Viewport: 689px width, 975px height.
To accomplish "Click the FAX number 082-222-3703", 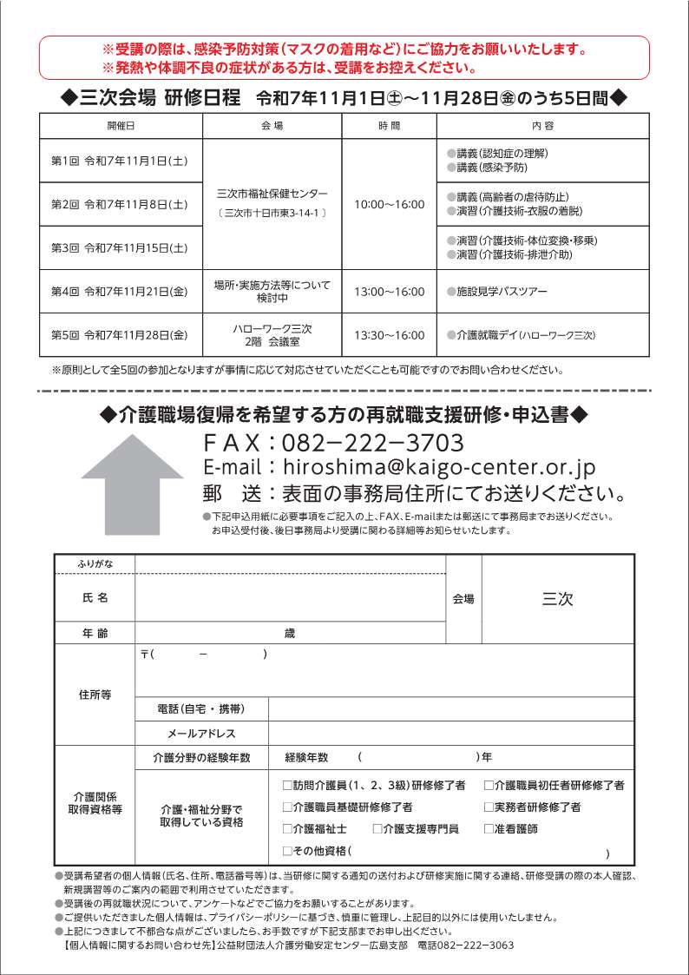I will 373,443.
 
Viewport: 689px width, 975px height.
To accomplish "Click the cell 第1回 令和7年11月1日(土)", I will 121,161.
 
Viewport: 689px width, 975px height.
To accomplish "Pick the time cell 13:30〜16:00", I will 390,335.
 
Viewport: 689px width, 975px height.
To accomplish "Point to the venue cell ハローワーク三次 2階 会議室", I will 272,335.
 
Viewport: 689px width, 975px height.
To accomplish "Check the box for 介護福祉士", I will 288,829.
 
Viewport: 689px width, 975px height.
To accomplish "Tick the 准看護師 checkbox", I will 489,829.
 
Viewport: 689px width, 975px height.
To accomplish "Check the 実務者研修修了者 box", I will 489,807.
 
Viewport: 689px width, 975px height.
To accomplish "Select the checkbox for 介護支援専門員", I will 377,829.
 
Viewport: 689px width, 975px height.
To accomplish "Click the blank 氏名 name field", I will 290,598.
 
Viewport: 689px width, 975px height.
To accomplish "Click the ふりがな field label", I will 95,564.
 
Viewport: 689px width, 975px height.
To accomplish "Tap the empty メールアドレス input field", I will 451,734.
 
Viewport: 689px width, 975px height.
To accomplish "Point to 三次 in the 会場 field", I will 557,598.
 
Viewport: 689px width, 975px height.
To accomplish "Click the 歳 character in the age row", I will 290,634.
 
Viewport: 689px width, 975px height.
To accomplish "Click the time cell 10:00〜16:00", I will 390,205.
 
